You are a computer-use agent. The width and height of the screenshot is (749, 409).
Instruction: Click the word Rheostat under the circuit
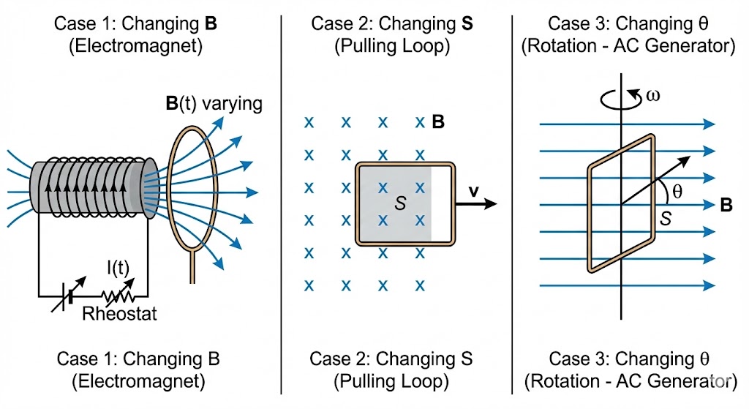(x=119, y=314)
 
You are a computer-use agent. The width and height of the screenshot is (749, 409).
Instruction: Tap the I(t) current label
(x=118, y=269)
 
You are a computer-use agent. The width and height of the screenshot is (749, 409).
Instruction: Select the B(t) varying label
(x=214, y=104)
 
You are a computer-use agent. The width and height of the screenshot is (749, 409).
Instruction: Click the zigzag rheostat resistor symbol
(x=118, y=296)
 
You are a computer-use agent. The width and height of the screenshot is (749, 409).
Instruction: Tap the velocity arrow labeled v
(x=476, y=204)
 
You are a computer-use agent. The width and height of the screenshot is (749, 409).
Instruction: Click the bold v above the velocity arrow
(x=473, y=191)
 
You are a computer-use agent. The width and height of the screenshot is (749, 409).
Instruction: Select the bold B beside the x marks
(x=438, y=122)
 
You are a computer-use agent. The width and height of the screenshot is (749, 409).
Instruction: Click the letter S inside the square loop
(x=400, y=204)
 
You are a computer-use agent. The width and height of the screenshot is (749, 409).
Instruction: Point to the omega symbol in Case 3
(x=652, y=96)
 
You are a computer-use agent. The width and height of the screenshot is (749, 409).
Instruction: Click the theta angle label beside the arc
(x=677, y=192)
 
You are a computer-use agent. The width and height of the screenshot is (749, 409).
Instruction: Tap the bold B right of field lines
(x=726, y=206)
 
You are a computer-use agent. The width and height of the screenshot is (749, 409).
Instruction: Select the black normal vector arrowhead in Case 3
(x=684, y=162)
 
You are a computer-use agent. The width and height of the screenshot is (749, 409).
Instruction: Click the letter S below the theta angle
(x=666, y=219)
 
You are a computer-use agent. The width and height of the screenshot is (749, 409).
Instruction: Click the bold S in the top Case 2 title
(x=467, y=23)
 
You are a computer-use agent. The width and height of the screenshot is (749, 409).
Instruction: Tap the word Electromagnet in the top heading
(x=135, y=46)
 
